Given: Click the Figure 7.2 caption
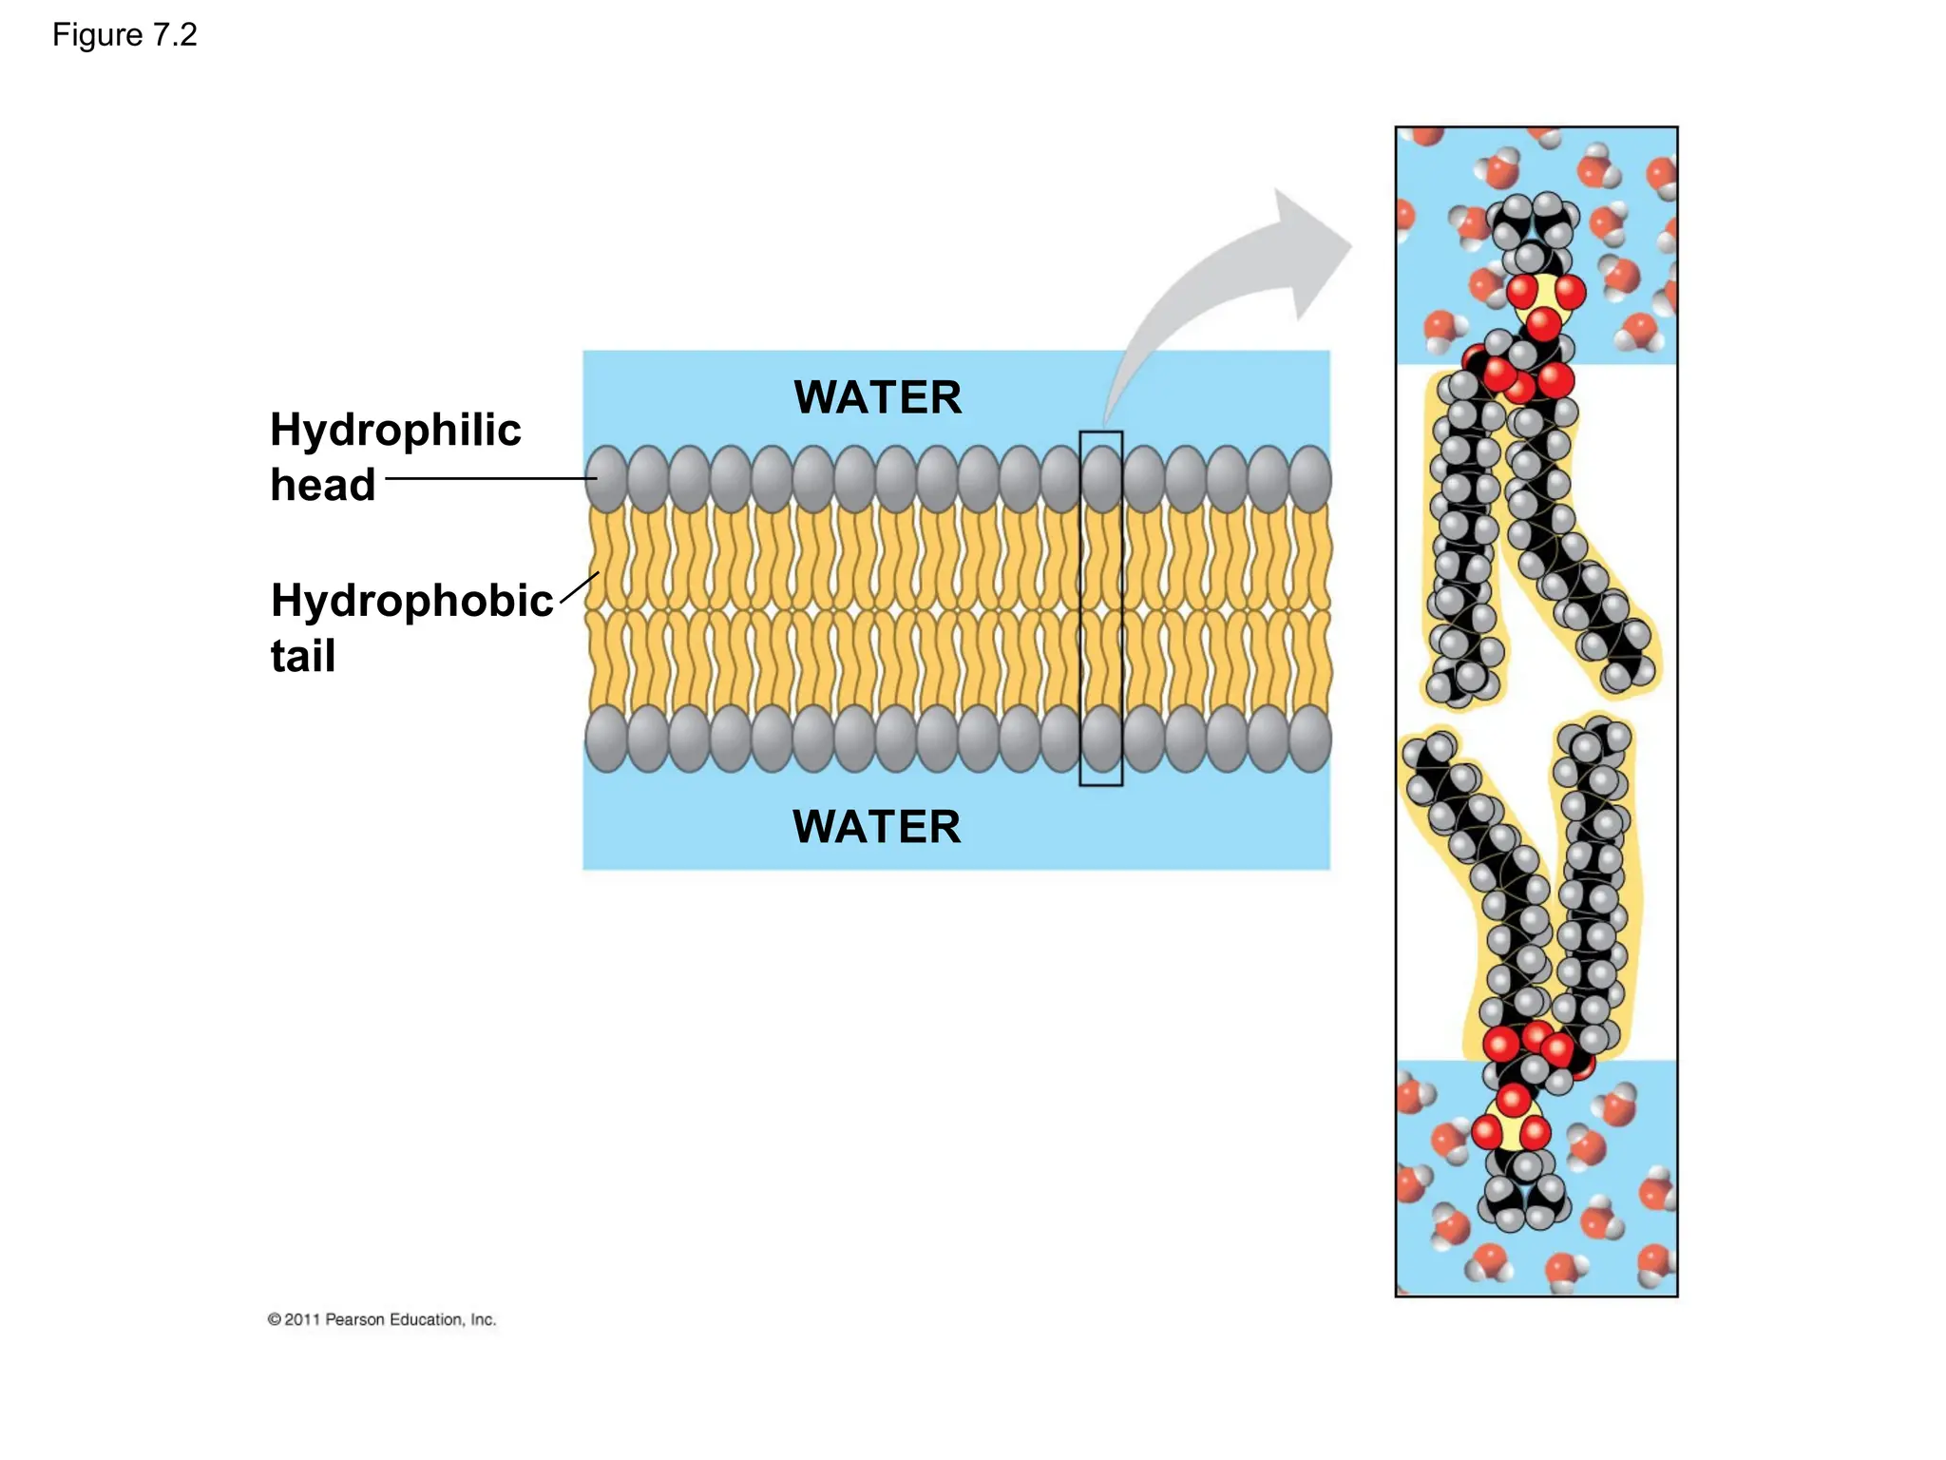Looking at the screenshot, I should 124,35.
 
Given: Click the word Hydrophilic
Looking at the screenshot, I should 395,430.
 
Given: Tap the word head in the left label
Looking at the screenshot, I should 323,485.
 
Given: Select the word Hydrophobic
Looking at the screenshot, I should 411,601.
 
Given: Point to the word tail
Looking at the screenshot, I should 303,656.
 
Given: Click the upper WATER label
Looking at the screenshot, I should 877,397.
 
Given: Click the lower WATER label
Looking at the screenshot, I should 876,827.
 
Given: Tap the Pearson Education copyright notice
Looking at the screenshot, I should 382,1319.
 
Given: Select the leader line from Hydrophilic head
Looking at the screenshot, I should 489,478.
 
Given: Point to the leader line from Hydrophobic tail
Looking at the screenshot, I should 580,587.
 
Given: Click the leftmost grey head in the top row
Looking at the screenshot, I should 606,478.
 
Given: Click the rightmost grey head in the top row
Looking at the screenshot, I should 1310,478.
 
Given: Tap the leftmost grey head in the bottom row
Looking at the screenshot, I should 606,738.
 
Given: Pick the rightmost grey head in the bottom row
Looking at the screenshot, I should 1310,738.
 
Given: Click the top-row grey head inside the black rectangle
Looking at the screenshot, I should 1101,478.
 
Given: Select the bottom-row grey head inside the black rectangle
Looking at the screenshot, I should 1101,738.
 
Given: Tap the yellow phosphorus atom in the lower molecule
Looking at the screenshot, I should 1512,1124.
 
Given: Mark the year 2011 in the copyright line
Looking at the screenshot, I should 302,1319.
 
